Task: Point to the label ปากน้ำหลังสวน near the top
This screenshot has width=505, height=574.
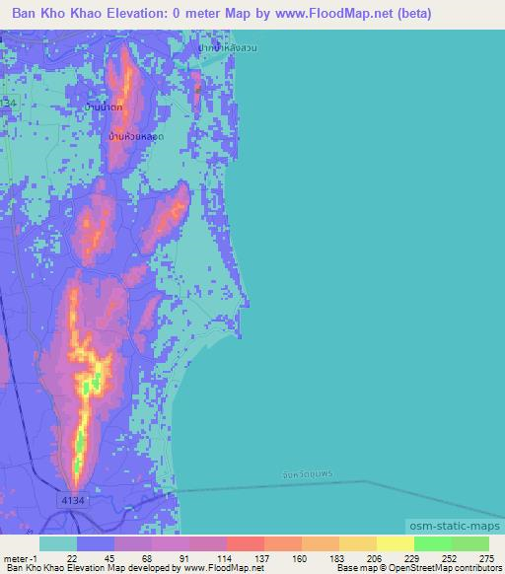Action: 227,47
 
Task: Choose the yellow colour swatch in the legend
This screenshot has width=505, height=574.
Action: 395,543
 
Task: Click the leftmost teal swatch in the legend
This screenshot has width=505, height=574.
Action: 58,543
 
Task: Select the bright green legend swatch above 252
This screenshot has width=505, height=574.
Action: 432,543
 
